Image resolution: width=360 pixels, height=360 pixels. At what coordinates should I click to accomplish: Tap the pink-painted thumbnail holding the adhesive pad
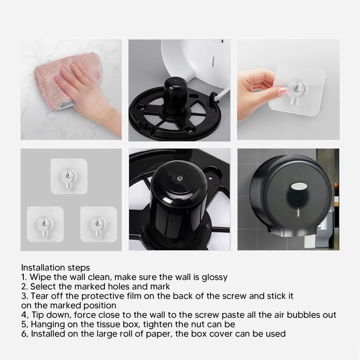point(283,92)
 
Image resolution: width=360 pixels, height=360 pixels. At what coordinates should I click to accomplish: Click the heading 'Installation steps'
point(56,268)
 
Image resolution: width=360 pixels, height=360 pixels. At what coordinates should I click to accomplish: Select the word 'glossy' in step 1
point(214,277)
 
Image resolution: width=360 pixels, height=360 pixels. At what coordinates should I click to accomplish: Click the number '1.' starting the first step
point(24,277)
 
